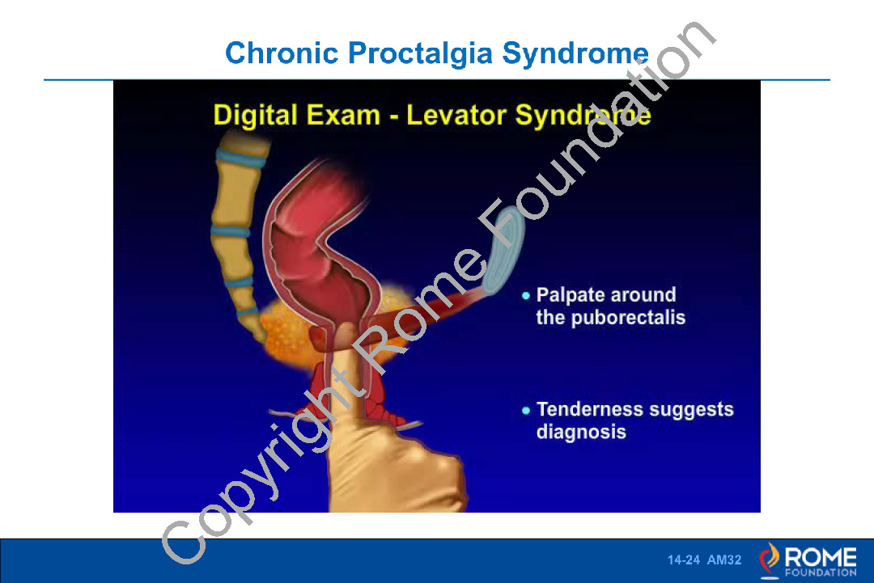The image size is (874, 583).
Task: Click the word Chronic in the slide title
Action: coord(282,53)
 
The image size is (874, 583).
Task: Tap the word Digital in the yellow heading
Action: coord(255,116)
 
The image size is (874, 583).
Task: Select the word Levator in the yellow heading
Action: coord(456,115)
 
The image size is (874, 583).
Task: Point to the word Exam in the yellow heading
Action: coord(343,116)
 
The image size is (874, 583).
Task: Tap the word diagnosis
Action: coord(581,433)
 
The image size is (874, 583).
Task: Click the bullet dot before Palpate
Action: coord(526,296)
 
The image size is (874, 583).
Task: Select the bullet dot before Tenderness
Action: coord(526,411)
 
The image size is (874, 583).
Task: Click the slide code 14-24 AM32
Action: coord(705,560)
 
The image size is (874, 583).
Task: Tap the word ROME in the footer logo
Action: coord(821,557)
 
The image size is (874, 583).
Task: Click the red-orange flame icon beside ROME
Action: coord(770,559)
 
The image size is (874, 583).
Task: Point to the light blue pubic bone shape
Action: coord(503,250)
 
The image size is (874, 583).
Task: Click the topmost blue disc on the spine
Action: coord(241,158)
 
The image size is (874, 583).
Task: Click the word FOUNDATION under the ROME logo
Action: coord(821,572)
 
